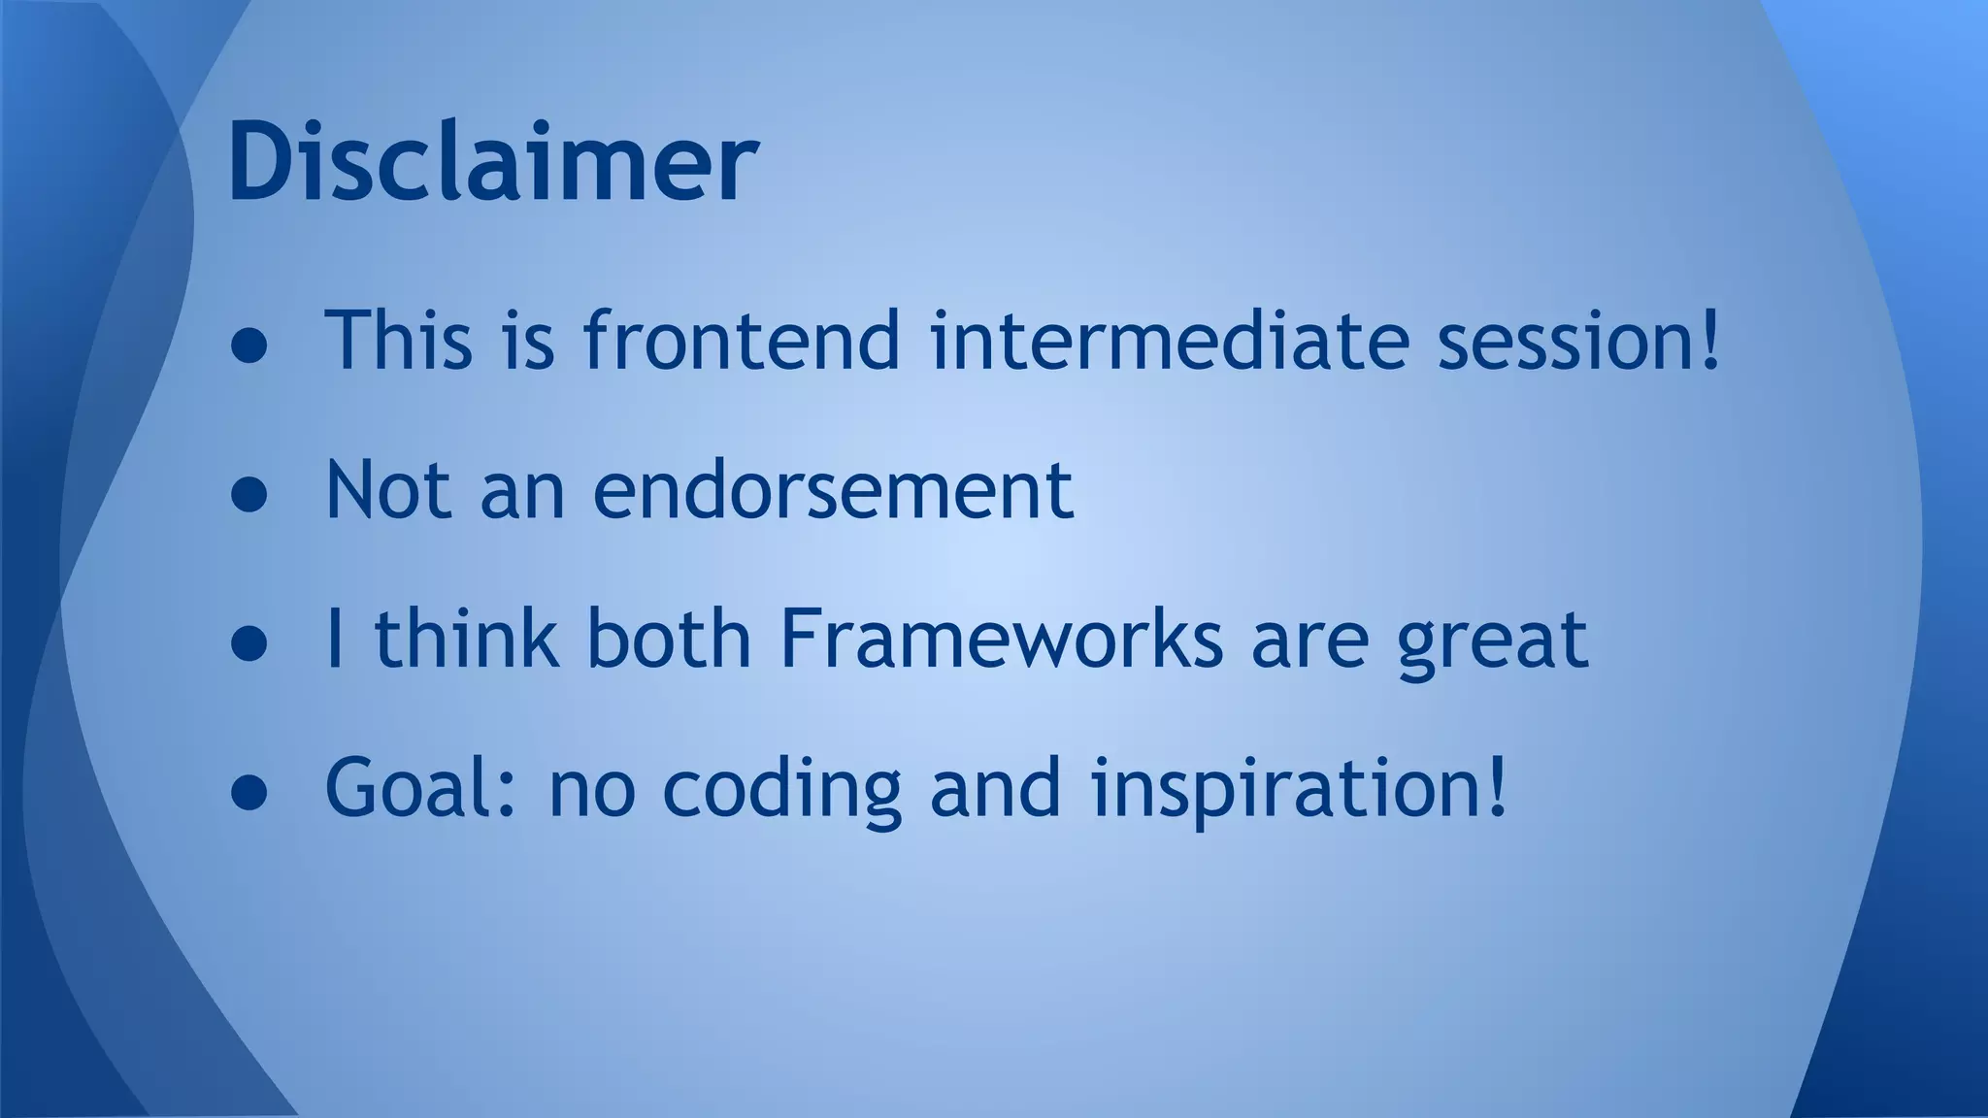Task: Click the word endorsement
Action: coord(833,490)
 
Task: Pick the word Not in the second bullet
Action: coord(388,490)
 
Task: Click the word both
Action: coord(669,640)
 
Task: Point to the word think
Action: coord(468,640)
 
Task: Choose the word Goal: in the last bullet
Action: coord(419,788)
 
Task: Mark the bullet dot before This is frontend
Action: coord(249,347)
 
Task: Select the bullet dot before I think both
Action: coord(249,646)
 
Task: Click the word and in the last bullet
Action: coord(995,788)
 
